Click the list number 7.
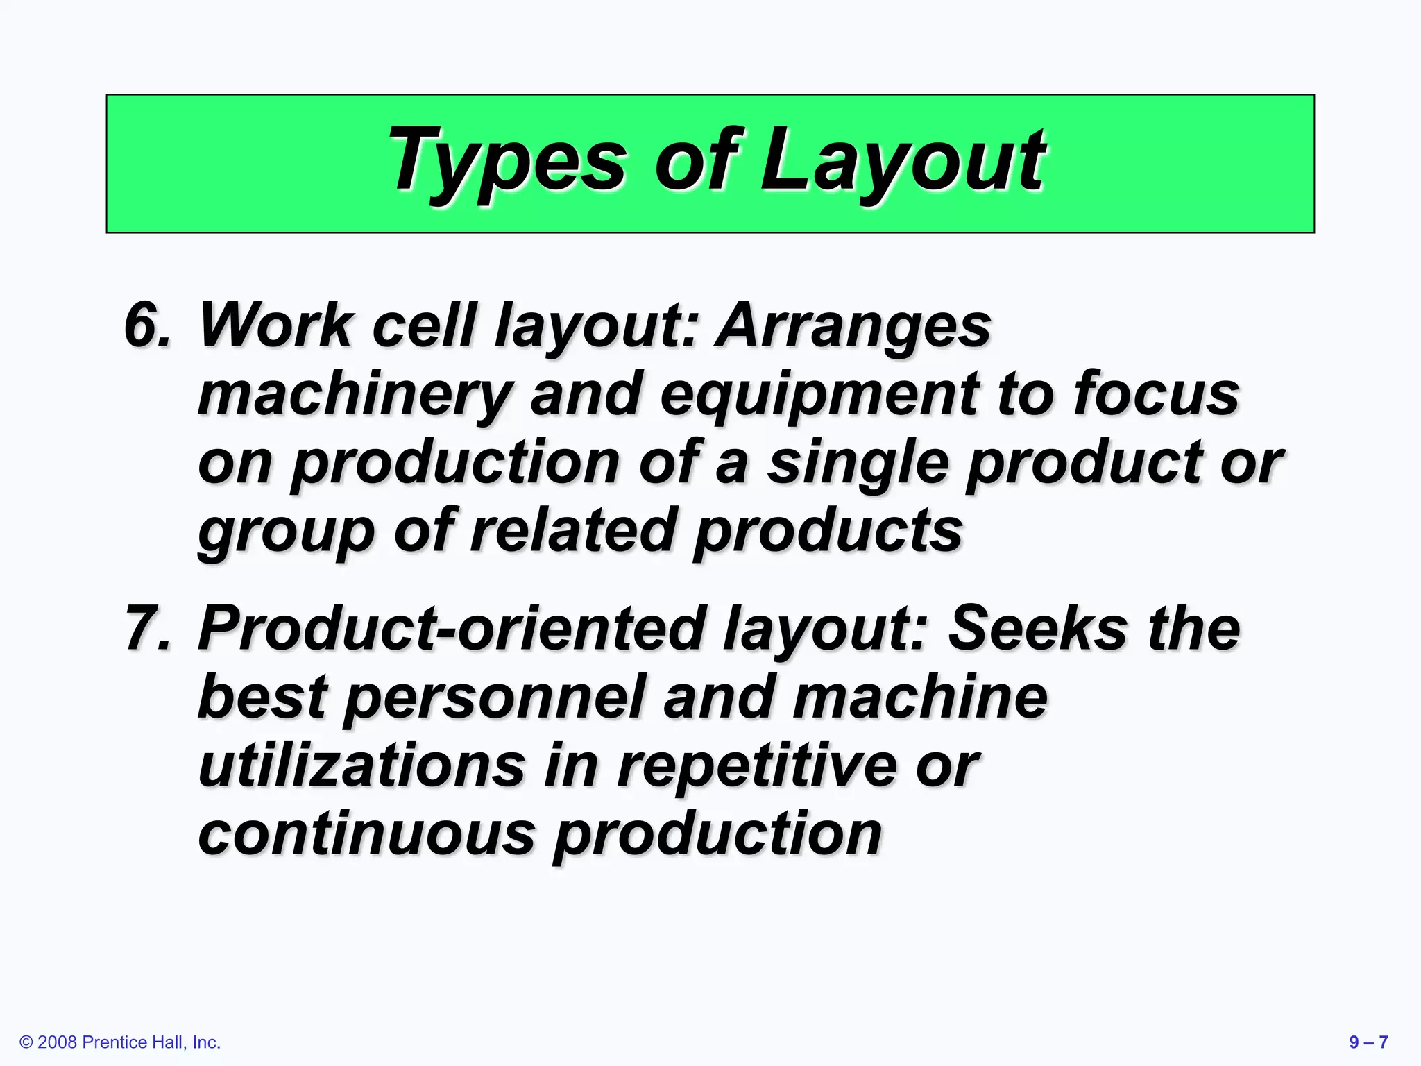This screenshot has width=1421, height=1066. [x=147, y=628]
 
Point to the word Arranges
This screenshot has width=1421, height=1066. [x=853, y=326]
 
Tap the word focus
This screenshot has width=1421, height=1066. [x=1156, y=393]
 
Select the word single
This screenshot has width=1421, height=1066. [x=858, y=464]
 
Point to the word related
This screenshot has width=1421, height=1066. [x=573, y=530]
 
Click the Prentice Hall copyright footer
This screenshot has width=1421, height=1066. [x=120, y=1042]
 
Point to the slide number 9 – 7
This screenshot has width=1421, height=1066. [x=1368, y=1042]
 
